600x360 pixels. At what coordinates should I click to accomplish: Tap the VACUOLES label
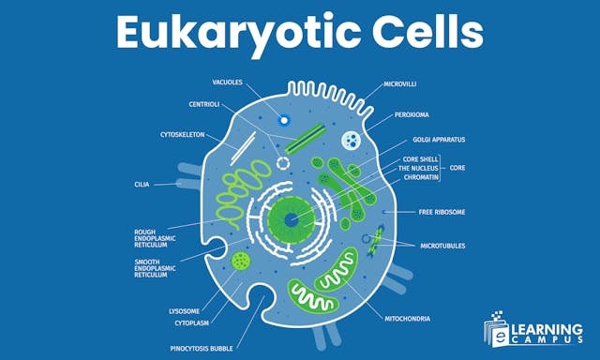click(228, 83)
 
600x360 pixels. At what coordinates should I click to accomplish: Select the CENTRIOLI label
click(204, 104)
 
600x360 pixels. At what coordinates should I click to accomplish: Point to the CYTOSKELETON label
click(183, 134)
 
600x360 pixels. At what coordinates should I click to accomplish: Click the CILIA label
click(142, 185)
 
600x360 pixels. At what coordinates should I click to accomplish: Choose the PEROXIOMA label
click(412, 113)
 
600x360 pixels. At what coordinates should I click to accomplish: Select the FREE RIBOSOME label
click(442, 212)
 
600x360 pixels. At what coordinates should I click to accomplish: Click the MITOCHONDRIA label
click(409, 318)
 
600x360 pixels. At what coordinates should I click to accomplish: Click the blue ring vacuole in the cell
click(284, 120)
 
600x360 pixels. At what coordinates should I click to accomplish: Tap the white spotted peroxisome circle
click(350, 142)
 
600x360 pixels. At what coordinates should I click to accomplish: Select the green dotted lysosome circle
click(242, 261)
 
